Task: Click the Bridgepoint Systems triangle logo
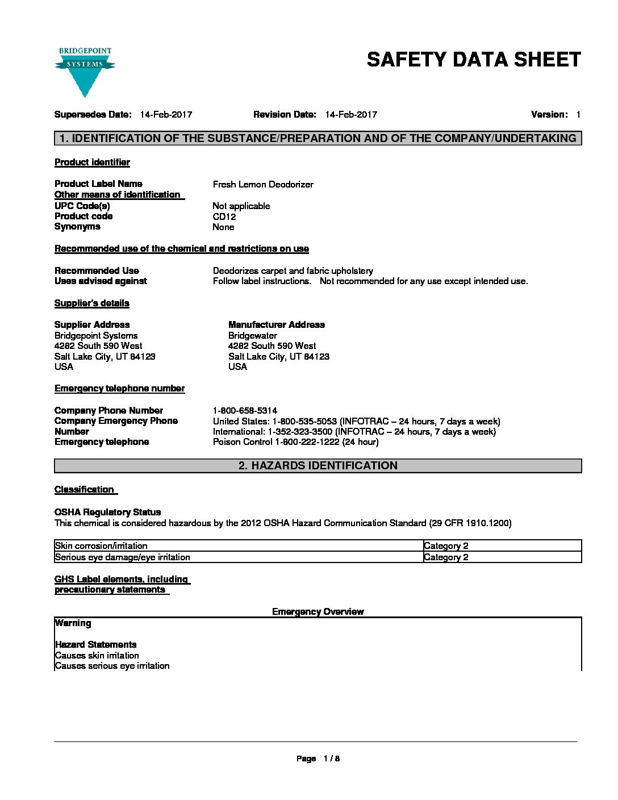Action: point(85,72)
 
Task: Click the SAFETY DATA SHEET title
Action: point(474,60)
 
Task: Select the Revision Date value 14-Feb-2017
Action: point(351,115)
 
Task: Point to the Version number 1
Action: point(578,115)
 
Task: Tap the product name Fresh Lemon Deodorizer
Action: point(263,184)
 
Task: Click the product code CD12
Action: point(224,216)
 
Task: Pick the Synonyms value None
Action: point(223,227)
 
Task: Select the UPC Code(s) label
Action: point(82,206)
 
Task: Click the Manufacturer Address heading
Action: point(277,325)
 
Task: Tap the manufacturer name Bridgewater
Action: point(253,336)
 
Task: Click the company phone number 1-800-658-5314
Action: point(245,410)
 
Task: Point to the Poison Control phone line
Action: point(295,442)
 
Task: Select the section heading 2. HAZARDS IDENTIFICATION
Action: point(318,466)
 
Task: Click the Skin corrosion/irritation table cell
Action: point(102,546)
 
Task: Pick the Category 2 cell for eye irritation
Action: point(446,557)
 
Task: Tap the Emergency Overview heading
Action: point(318,612)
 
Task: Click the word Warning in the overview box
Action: point(73,623)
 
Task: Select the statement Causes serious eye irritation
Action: point(112,666)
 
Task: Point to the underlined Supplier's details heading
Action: point(92,303)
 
